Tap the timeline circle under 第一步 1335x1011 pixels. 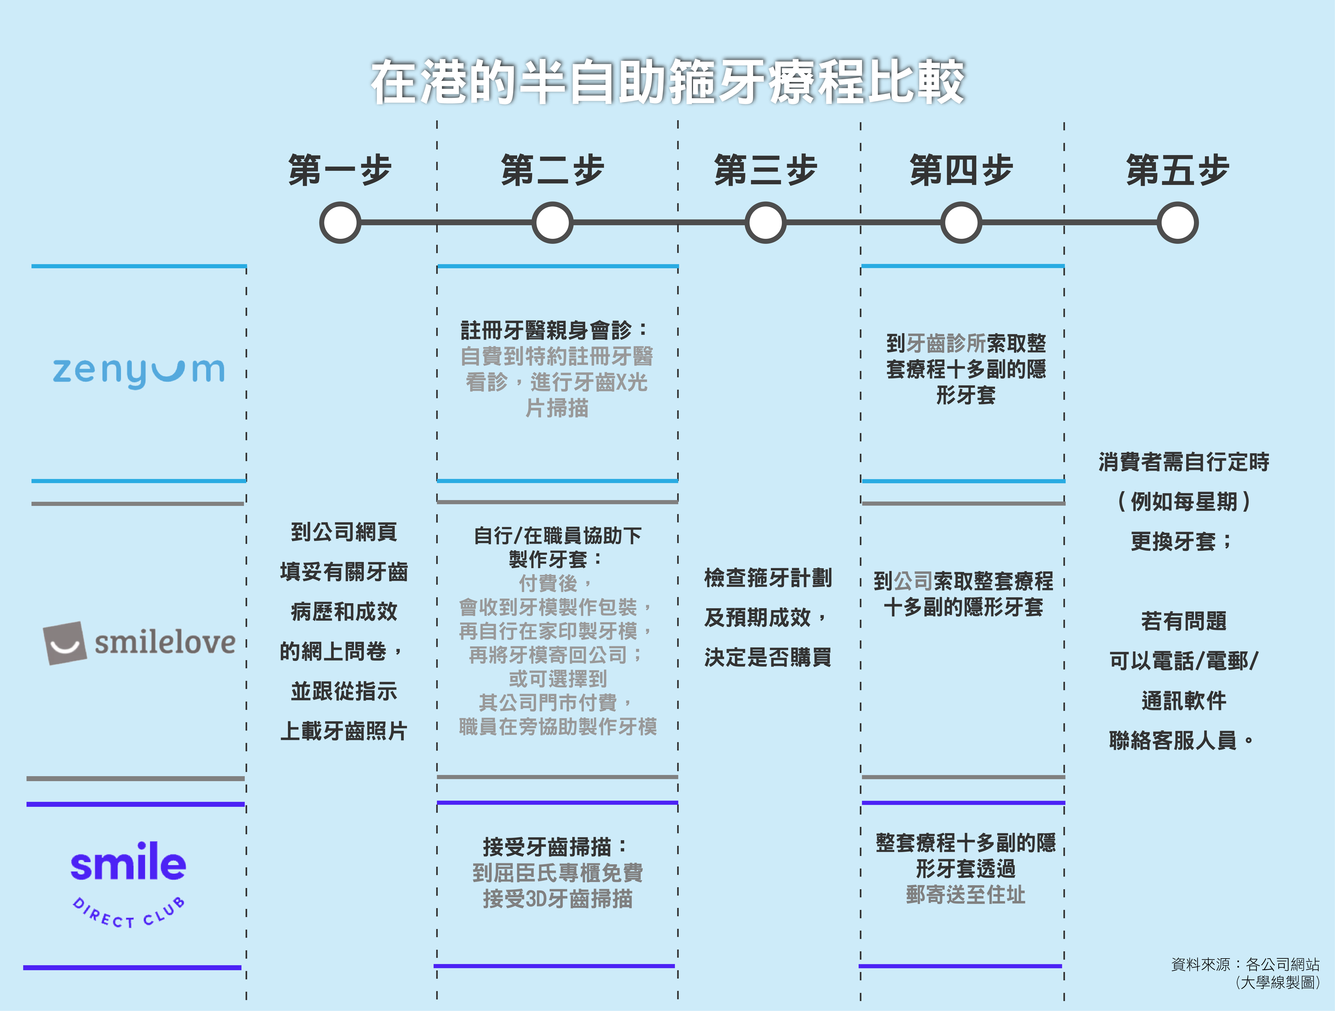click(340, 223)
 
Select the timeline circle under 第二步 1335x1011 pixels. click(552, 223)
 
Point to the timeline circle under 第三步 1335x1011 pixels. click(765, 223)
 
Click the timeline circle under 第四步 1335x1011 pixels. click(961, 223)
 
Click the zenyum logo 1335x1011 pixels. click(139, 371)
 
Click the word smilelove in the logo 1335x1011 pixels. click(165, 642)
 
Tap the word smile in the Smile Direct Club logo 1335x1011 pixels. click(128, 863)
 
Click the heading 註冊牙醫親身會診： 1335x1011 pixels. click(554, 330)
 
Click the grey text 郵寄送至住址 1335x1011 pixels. click(965, 895)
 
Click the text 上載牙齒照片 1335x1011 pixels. click(343, 731)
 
